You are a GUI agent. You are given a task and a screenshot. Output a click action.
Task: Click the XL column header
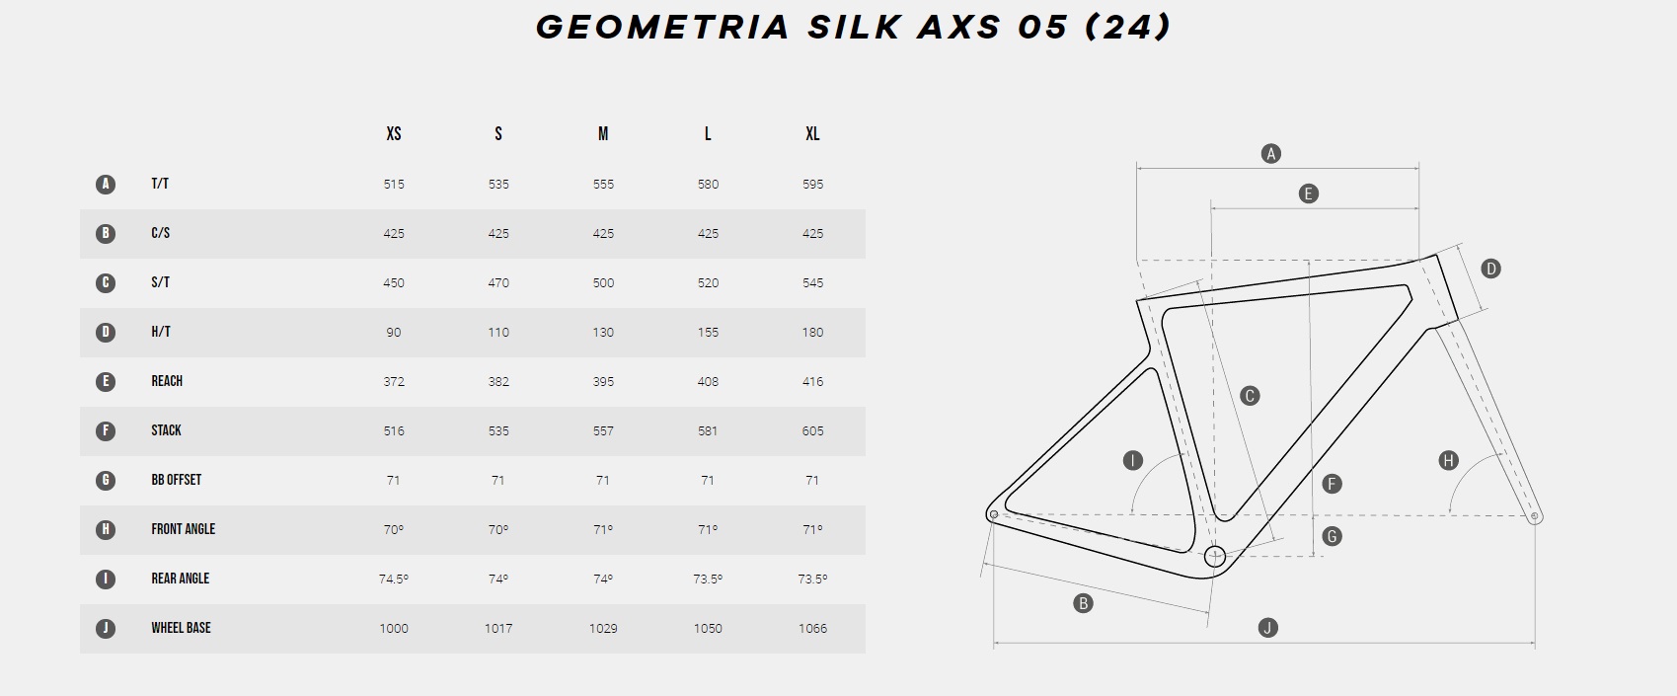812,133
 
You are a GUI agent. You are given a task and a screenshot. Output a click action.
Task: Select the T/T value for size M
603,184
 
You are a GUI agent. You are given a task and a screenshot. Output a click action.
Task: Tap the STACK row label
166,430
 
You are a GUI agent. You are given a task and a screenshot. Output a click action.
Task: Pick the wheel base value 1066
812,628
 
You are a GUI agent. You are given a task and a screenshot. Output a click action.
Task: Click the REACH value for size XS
394,381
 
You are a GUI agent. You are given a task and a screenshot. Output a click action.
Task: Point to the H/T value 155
708,332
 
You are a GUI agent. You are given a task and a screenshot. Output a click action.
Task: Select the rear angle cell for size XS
394,579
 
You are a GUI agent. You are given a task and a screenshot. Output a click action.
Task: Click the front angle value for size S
497,529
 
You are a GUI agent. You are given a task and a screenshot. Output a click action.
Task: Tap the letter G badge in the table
106,480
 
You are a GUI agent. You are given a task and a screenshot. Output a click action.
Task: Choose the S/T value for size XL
812,282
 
